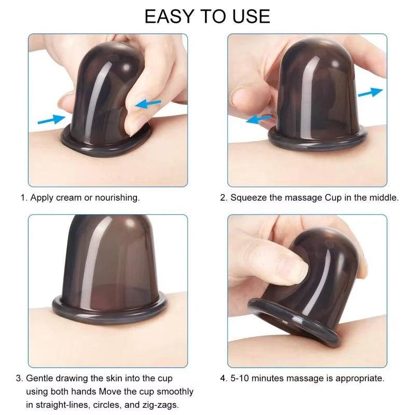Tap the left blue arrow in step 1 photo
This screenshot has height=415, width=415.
tap(51, 120)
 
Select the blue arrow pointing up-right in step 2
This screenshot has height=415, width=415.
tap(370, 92)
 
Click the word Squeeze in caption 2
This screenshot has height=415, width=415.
tap(248, 198)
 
